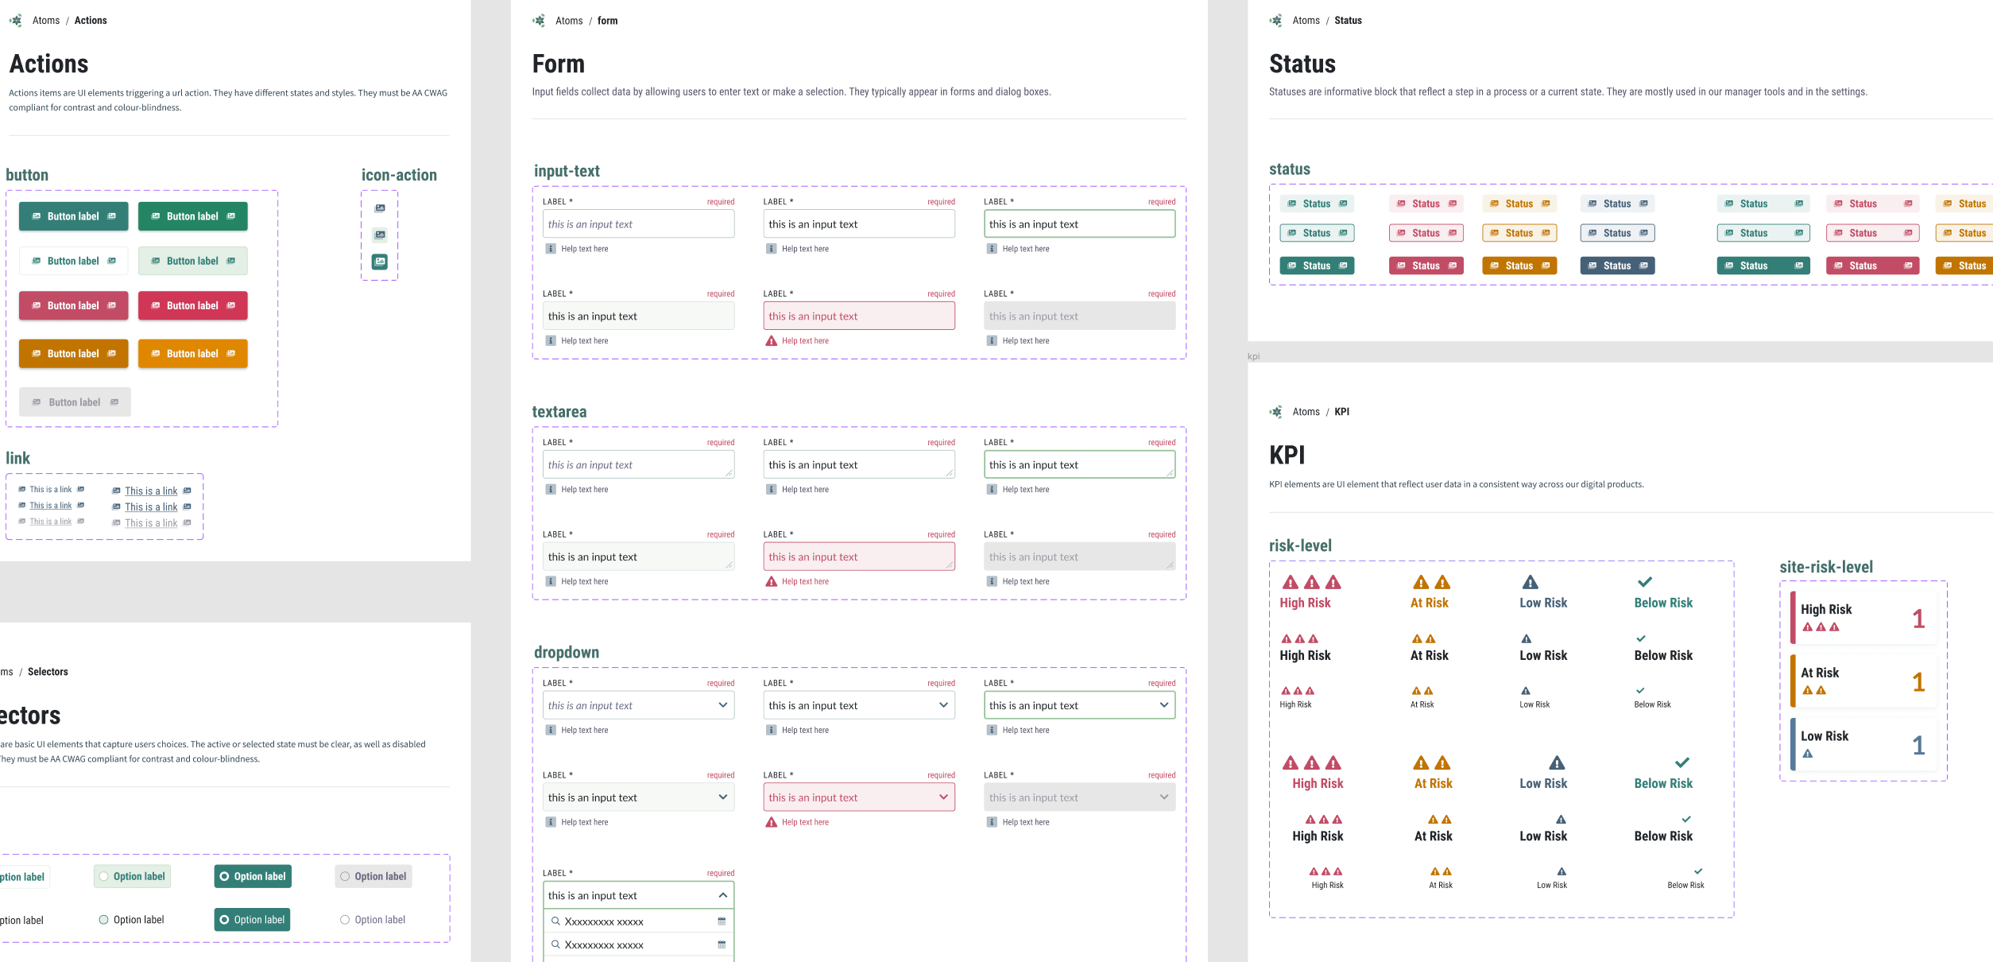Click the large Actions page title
pos(49,64)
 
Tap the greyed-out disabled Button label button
pos(75,402)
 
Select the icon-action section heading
pos(399,175)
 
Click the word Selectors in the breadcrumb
pos(48,672)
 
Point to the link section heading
pos(18,458)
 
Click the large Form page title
pos(559,64)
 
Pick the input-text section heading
pos(567,171)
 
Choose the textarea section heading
pos(559,412)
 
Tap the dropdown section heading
pos(567,652)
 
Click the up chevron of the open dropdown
pos(723,895)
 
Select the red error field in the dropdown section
pos(858,797)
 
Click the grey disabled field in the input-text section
pos(1079,316)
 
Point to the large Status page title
pos(1302,64)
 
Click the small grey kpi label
pos(1253,356)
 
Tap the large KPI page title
pos(1287,456)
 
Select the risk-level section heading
pos(1300,545)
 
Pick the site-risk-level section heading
pos(1826,567)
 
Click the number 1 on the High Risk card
pos(1918,619)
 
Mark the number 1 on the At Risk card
pos(1918,682)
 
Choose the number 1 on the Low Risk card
pos(1918,746)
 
